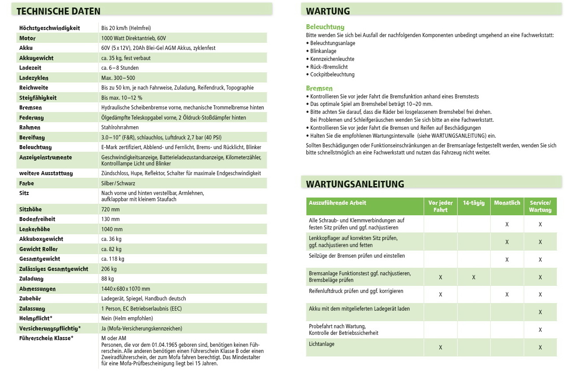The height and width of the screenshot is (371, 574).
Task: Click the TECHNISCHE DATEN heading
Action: (58, 11)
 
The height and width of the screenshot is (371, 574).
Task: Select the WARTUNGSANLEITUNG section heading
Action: (355, 184)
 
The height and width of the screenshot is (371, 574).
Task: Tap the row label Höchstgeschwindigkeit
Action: (49, 28)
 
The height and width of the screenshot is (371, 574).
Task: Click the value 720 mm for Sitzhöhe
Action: (110, 209)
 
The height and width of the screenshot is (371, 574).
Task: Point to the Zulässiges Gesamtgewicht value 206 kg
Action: (109, 269)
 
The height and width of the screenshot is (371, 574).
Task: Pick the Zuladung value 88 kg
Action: (108, 279)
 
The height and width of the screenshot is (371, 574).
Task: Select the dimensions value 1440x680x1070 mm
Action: (126, 289)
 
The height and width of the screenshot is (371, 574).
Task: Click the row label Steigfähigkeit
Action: (38, 97)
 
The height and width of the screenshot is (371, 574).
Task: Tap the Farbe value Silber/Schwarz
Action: (118, 183)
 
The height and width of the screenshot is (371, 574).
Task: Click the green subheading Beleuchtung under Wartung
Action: (325, 27)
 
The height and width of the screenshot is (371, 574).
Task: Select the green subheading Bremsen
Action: (319, 88)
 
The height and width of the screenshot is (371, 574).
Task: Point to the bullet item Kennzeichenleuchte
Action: (332, 59)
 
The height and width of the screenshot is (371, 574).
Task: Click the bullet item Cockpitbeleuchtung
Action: (332, 75)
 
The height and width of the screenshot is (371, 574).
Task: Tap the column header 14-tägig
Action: (473, 203)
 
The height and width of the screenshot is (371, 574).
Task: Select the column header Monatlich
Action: (507, 203)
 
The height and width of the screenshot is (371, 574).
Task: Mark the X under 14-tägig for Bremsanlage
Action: (473, 277)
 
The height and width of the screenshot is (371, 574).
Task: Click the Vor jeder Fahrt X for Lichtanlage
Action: (440, 348)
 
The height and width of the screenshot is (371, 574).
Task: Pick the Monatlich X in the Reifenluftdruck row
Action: (507, 295)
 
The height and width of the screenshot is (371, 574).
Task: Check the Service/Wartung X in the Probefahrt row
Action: (540, 330)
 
